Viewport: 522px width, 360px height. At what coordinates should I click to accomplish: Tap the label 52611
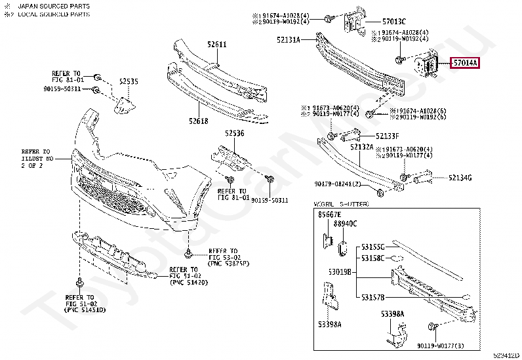point(216,45)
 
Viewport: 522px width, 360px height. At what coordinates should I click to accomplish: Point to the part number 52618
point(198,121)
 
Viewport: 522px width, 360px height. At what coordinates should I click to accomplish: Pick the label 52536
point(234,133)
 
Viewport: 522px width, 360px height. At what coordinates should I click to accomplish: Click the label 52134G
point(460,178)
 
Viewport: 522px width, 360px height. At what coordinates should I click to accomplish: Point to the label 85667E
point(330,215)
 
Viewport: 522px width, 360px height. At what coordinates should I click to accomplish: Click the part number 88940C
point(345,224)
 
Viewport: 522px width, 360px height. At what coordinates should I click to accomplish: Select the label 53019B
point(340,271)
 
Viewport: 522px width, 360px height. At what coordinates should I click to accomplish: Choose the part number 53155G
point(372,247)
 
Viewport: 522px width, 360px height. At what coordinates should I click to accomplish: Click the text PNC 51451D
point(85,309)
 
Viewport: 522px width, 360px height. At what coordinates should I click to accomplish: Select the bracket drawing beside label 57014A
point(426,66)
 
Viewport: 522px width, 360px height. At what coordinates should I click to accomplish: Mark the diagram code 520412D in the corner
point(506,355)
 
